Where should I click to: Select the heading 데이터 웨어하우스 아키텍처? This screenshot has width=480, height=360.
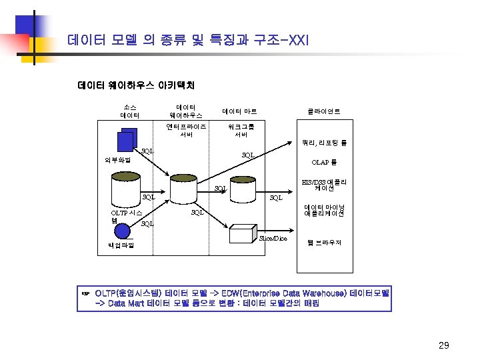[x=136, y=85]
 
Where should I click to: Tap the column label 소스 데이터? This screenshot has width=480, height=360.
[x=130, y=111]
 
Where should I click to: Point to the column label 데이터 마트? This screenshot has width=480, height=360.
[x=239, y=111]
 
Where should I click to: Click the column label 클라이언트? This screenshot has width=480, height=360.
[x=323, y=111]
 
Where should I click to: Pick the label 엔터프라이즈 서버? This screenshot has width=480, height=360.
[x=187, y=129]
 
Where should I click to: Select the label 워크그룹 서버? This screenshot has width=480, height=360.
[x=241, y=129]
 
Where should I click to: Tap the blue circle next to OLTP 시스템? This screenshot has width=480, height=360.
[x=122, y=231]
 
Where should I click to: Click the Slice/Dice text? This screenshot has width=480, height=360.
[x=273, y=238]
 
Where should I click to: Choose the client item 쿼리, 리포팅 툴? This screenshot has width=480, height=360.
[x=324, y=143]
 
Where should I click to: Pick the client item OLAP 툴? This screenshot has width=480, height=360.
[x=324, y=162]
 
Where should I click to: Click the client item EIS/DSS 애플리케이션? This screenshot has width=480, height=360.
[x=324, y=185]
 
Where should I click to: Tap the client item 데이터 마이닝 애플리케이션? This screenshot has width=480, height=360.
[x=324, y=211]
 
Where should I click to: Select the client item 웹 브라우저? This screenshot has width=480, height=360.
[x=324, y=243]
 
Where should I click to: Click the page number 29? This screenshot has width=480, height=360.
[x=444, y=345]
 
